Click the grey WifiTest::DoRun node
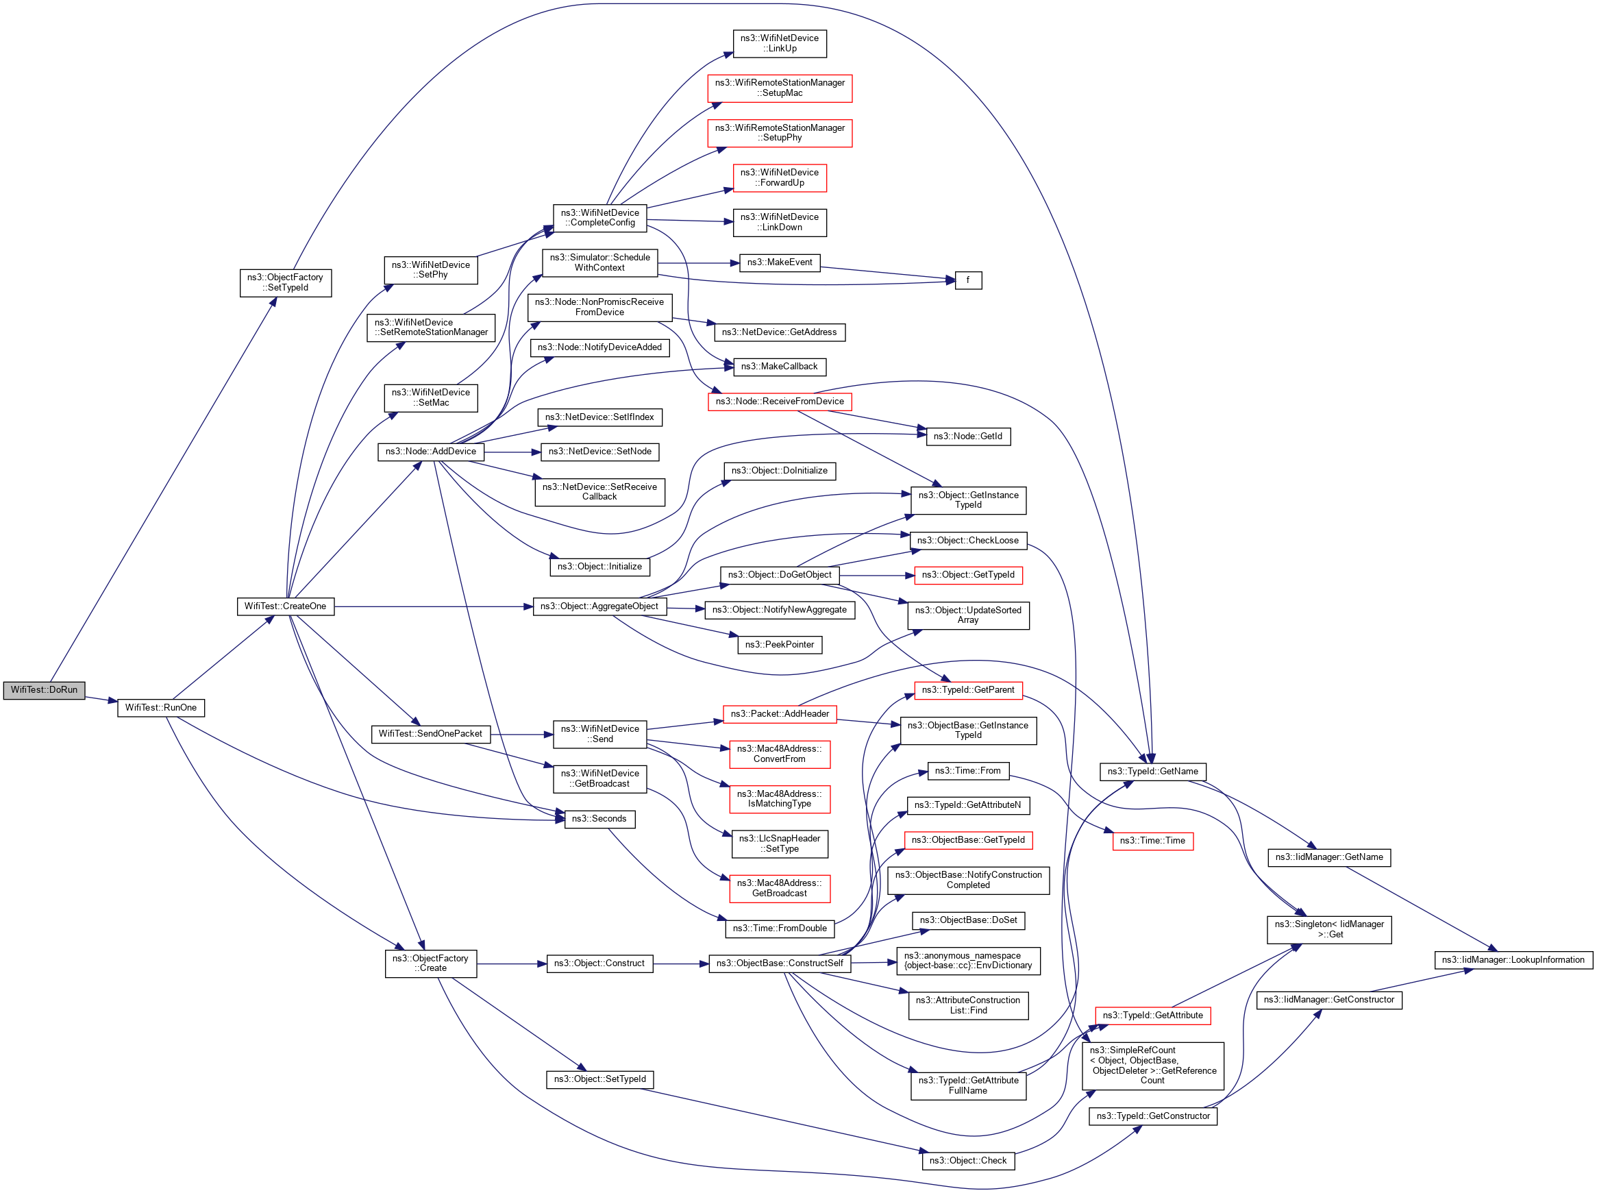pyautogui.click(x=44, y=689)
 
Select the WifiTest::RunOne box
pyautogui.click(x=160, y=708)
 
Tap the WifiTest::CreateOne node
pyautogui.click(x=285, y=606)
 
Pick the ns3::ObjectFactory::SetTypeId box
pyautogui.click(x=285, y=282)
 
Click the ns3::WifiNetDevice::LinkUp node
pyautogui.click(x=779, y=43)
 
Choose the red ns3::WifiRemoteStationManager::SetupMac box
pyautogui.click(x=779, y=88)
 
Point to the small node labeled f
pyautogui.click(x=967, y=280)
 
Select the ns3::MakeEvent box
pyautogui.click(x=779, y=262)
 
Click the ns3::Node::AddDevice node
pyautogui.click(x=430, y=452)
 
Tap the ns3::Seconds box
pyautogui.click(x=599, y=819)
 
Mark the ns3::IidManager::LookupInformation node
pyautogui.click(x=1513, y=960)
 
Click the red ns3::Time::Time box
pyautogui.click(x=1152, y=841)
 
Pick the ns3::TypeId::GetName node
pyautogui.click(x=1152, y=772)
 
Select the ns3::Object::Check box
pyautogui.click(x=967, y=1161)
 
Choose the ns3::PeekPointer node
pyautogui.click(x=779, y=644)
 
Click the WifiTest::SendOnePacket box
pyautogui.click(x=430, y=734)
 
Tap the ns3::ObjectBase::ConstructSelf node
pyautogui.click(x=779, y=963)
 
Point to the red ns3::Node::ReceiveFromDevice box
pyautogui.click(x=779, y=402)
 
